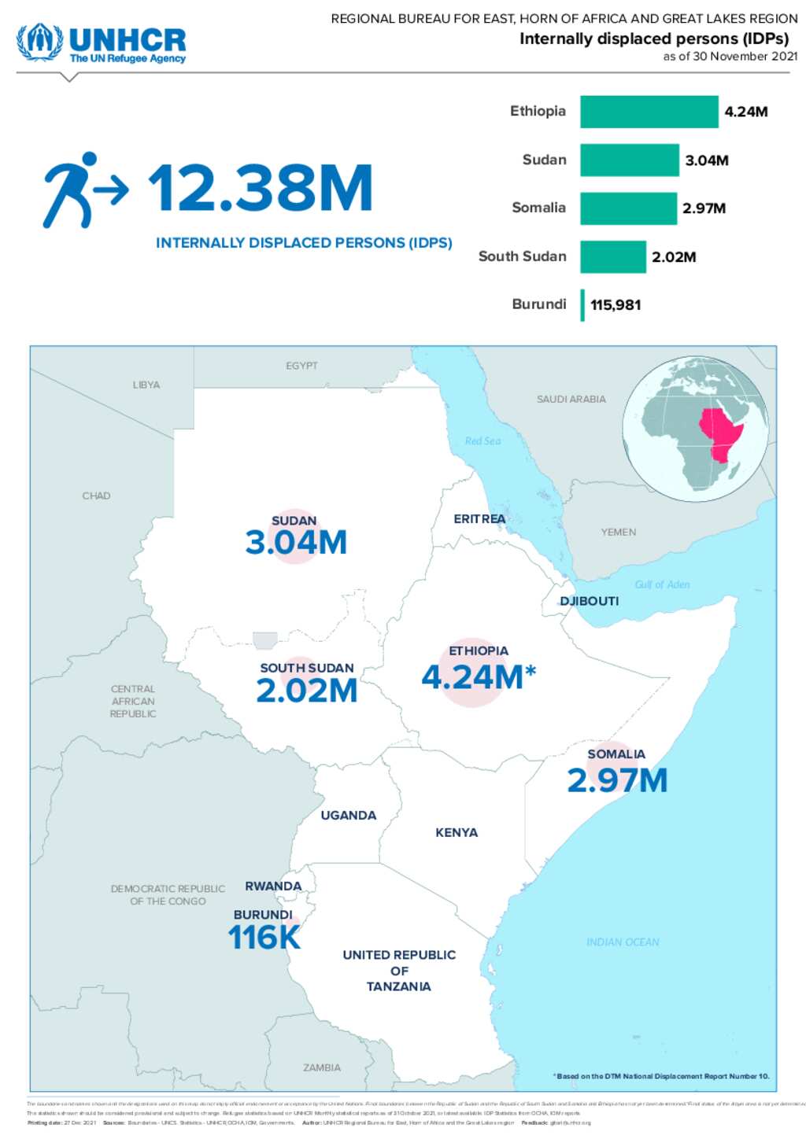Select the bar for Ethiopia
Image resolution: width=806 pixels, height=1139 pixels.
click(649, 112)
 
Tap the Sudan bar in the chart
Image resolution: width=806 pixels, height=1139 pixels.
click(629, 160)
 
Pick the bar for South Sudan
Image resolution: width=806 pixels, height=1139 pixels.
click(612, 257)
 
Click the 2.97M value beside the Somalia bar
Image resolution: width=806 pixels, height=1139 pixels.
click(704, 208)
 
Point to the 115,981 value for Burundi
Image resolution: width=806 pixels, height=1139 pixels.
click(616, 305)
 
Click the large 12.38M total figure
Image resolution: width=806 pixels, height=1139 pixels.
click(261, 189)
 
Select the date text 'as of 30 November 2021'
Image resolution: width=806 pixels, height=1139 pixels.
click(730, 57)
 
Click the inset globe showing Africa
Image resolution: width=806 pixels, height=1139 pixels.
click(696, 429)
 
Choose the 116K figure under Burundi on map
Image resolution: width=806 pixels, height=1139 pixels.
click(264, 938)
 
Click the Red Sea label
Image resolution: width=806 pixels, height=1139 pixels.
click(482, 441)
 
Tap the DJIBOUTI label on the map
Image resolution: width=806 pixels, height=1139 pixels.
click(589, 601)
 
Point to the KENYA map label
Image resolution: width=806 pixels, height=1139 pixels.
click(457, 832)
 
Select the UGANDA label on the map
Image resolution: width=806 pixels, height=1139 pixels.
click(348, 816)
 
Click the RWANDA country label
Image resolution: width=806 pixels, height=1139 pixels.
click(273, 887)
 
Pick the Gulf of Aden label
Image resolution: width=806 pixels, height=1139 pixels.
click(662, 584)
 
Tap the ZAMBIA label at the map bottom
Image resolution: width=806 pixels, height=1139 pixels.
click(322, 1067)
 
